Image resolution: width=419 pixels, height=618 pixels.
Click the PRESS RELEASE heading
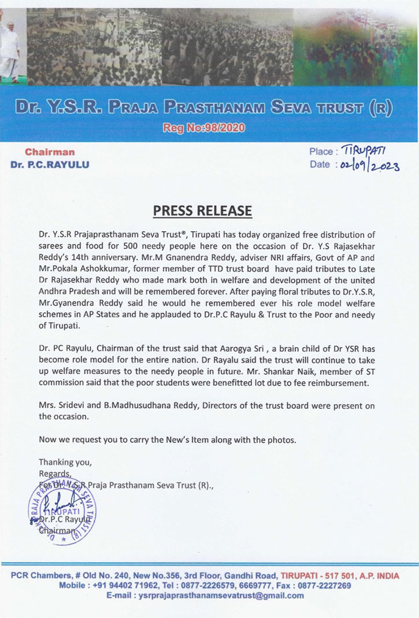coord(202,210)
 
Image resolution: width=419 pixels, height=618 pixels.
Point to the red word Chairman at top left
coord(50,152)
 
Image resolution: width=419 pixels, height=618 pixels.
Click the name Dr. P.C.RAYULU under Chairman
coord(50,164)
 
